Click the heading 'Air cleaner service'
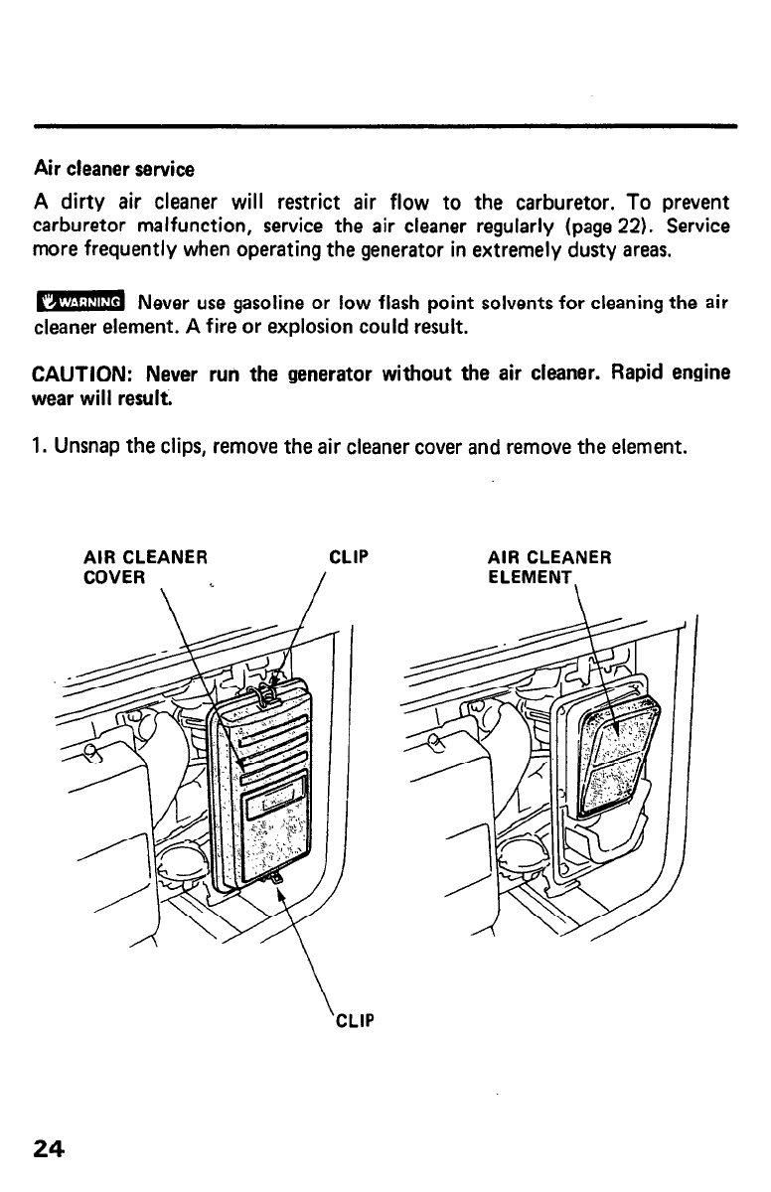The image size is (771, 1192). (x=114, y=168)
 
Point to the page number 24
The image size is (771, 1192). (x=49, y=1149)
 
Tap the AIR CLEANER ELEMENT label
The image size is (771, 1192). (x=548, y=565)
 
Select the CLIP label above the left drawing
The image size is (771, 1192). (x=348, y=556)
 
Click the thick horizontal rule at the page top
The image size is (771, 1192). (x=385, y=126)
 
